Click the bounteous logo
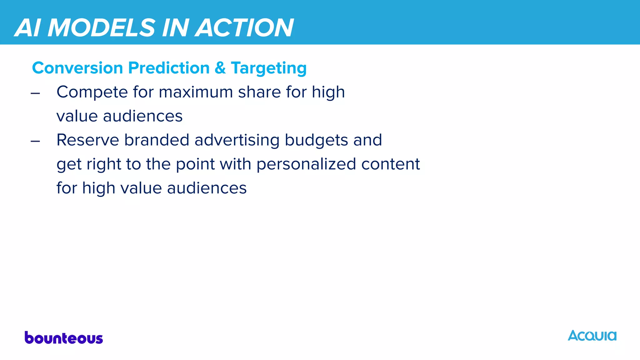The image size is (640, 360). coord(64,338)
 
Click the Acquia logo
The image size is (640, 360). coord(592,336)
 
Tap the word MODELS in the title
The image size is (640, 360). coord(101,28)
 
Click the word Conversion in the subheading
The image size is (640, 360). coord(77,68)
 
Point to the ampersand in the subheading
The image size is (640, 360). coord(220,68)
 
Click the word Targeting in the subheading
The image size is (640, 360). coord(269,68)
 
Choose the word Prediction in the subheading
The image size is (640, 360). coord(169,68)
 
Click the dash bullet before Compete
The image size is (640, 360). coord(35,93)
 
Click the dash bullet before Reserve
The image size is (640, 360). coord(35,141)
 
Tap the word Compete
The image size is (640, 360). coord(92,92)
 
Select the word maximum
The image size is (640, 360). coord(196,92)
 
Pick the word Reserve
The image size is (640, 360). coord(88,140)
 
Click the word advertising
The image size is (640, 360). coord(237,140)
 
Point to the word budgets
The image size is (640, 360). coord(316,140)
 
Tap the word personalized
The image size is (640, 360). coord(306,164)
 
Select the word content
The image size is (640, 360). coord(391,164)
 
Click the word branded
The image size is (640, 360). coord(157,140)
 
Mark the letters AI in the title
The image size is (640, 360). coord(28,28)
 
